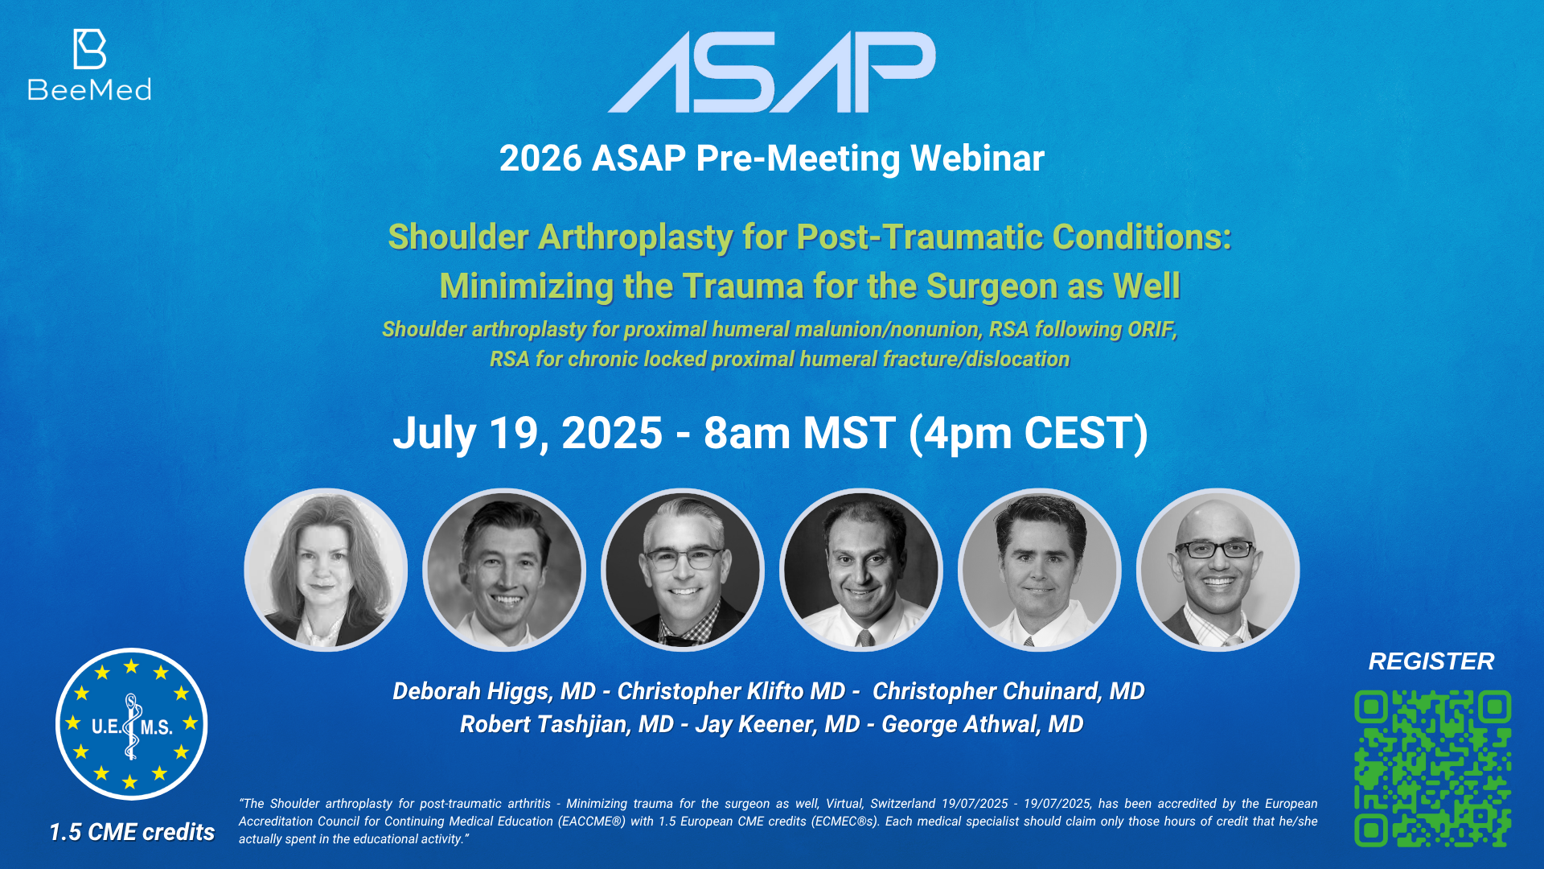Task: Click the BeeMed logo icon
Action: [89, 49]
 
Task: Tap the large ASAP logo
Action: [772, 72]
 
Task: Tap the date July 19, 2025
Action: [528, 434]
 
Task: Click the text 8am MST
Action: [800, 434]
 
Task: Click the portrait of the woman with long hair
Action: [326, 570]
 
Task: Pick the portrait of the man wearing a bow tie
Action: [683, 570]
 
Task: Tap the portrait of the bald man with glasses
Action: [1218, 570]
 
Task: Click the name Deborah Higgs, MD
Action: [494, 691]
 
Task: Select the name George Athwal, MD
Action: [983, 724]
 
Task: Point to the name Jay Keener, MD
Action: [778, 724]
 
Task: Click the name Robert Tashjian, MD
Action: [567, 724]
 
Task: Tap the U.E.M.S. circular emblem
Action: [131, 724]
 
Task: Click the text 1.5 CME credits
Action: [132, 832]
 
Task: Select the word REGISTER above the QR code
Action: [1431, 661]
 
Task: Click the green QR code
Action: [1432, 768]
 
